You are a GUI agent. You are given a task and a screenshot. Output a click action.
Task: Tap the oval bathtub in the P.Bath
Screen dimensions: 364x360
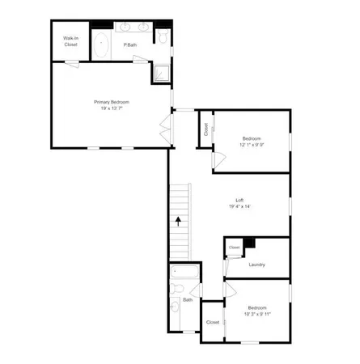click(103, 44)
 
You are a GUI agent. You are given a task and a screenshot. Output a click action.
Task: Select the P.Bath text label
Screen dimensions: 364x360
click(129, 45)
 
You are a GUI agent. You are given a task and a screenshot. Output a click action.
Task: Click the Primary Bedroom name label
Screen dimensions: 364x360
click(111, 102)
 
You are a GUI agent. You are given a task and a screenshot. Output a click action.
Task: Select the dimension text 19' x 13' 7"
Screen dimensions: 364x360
click(111, 108)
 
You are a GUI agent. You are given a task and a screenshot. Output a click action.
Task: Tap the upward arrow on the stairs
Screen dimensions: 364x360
click(177, 220)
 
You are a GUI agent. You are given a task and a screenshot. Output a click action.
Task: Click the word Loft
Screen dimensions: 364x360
click(241, 200)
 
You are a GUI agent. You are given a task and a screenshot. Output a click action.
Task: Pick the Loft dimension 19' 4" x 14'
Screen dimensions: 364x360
click(241, 206)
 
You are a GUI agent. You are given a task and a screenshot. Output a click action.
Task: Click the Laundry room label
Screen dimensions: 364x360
click(258, 264)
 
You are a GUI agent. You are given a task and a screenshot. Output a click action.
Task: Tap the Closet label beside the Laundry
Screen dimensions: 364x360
click(234, 248)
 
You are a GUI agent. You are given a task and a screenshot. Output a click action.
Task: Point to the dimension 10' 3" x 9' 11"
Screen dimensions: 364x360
click(257, 314)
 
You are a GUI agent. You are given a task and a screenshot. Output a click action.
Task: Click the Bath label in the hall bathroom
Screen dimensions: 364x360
click(188, 300)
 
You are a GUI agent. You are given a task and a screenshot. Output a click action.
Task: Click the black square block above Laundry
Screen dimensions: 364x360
click(250, 241)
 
